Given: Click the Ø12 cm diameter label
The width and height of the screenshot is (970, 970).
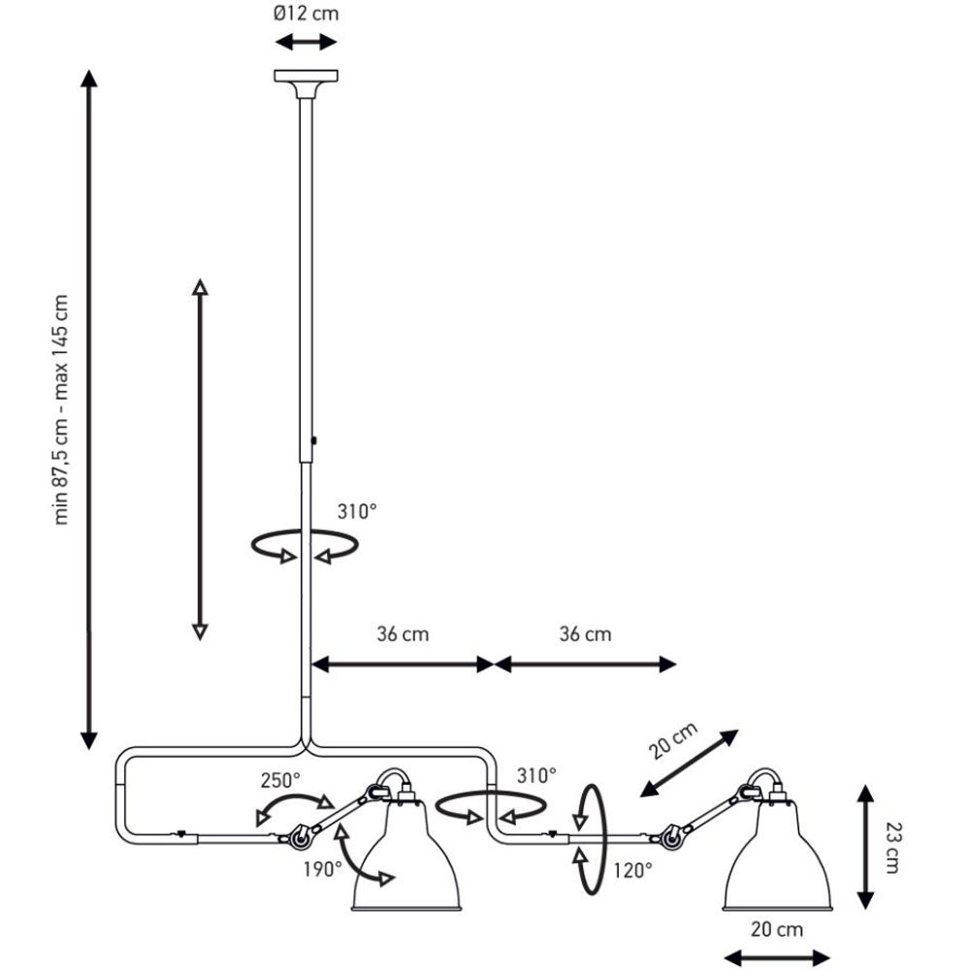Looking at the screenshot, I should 307,14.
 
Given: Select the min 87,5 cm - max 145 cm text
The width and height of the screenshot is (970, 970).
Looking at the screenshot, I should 63,407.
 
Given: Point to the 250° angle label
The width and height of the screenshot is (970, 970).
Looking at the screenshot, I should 280,779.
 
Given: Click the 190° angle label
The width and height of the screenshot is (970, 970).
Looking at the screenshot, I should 324,868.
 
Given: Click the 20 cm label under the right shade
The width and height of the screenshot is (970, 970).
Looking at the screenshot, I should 777,929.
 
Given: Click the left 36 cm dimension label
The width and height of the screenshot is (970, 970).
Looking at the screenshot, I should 403,634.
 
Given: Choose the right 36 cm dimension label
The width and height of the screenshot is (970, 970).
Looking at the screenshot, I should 585,634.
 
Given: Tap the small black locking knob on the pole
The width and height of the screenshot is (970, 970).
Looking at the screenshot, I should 315,441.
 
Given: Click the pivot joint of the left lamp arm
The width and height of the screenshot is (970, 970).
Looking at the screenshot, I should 298,833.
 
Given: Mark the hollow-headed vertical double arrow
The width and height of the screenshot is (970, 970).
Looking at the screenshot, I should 199,460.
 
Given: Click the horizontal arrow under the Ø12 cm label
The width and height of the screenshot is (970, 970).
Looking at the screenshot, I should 307,42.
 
